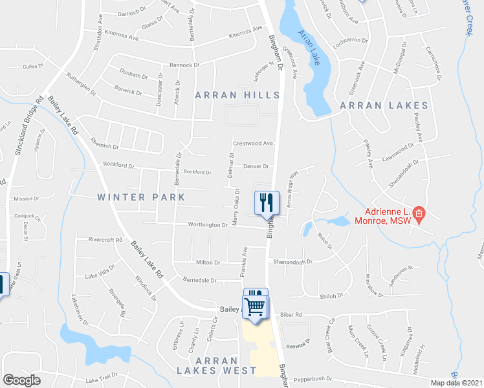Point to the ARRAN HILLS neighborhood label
tap(238, 95)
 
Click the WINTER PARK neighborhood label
tap(141, 197)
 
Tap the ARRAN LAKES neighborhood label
tap(384, 105)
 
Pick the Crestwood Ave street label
tap(254, 144)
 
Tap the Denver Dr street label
tap(256, 166)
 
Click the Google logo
tap(21, 380)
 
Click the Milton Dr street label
tap(208, 263)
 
